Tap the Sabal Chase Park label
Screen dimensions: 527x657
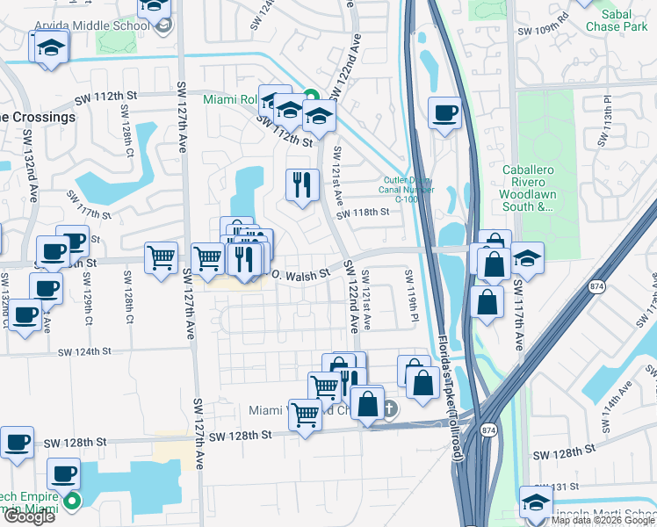625,20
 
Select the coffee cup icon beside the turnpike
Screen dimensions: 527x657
446,113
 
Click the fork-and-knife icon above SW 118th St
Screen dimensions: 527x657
300,184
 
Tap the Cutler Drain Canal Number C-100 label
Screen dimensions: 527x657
408,184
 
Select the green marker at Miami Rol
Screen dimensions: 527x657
309,96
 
